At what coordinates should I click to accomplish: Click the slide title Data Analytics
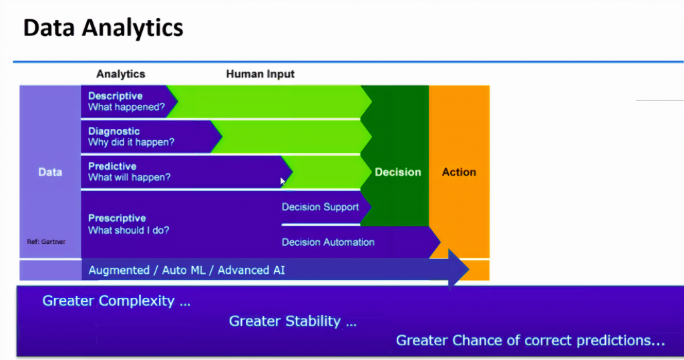pos(103,28)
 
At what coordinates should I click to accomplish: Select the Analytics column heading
pos(121,74)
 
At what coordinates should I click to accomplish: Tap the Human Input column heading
pos(260,74)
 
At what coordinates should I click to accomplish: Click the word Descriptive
pos(115,96)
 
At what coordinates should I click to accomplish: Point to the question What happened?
pos(126,108)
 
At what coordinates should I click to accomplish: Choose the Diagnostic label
pos(114,132)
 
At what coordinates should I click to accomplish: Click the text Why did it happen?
pos(132,142)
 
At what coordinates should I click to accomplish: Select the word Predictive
pos(112,166)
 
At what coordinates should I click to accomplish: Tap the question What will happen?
pos(129,178)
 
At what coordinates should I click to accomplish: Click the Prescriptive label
pos(117,218)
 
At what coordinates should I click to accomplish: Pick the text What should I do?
pos(129,230)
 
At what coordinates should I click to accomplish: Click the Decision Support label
pos(320,207)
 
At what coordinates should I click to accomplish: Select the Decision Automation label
pos(328,242)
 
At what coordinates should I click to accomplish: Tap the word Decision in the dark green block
pos(398,172)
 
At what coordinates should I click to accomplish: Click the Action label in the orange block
pos(459,172)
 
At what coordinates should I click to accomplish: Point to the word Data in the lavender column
pos(50,172)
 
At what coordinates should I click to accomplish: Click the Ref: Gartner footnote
pos(46,242)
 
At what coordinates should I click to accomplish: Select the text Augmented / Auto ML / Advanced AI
pos(187,271)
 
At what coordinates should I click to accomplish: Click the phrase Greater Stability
pos(293,321)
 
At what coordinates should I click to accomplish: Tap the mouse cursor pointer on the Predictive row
pos(283,181)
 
